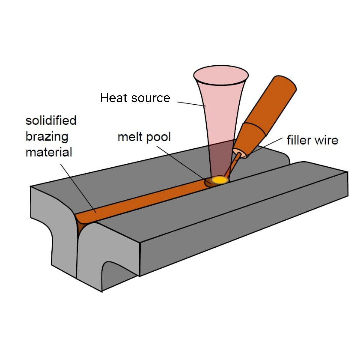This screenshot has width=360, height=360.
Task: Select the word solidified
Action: click(51, 120)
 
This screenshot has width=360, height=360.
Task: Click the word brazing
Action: click(47, 137)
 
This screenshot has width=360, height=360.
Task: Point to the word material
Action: click(49, 152)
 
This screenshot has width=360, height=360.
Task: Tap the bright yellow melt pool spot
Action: click(220, 180)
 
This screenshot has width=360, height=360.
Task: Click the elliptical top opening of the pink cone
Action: click(221, 75)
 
